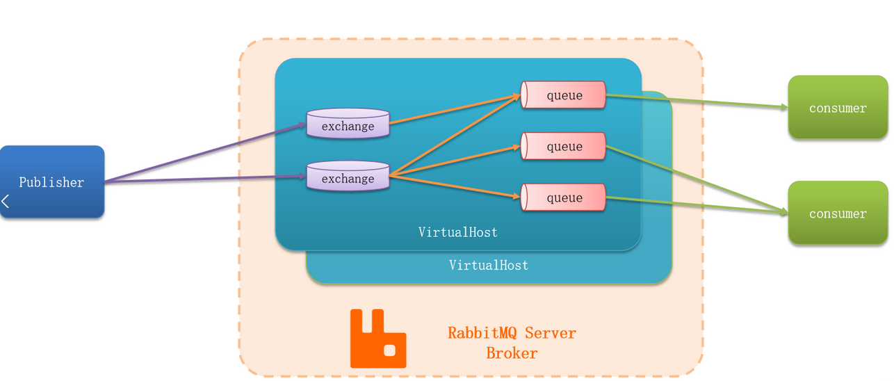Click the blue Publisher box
51,181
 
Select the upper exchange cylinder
348,124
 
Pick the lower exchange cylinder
348,177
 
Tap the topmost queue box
564,95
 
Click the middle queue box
564,146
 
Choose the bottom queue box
564,197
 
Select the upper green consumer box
837,107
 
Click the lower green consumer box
837,213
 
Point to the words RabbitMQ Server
512,333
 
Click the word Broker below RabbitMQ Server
512,353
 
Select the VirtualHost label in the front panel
457,232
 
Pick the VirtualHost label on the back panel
488,265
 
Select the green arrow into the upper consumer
695,102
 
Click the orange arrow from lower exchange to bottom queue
455,187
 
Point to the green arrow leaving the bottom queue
695,203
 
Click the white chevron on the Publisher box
6,202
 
